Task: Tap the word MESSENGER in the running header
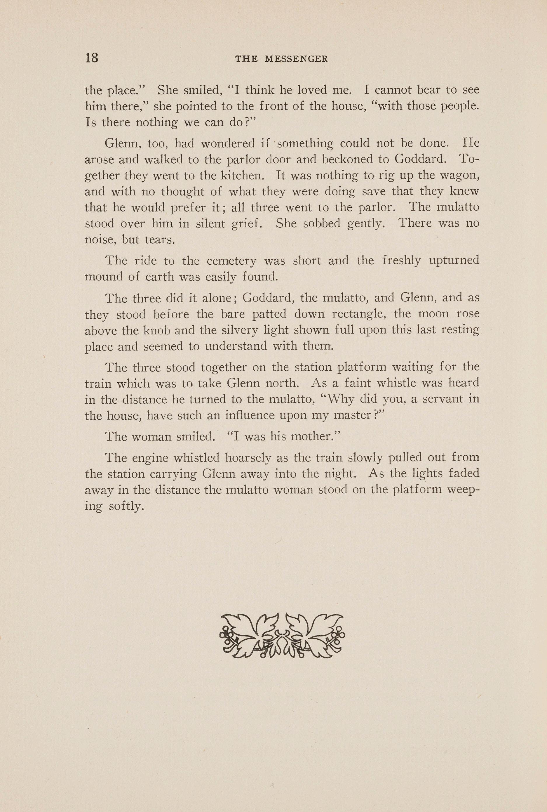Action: tap(296, 59)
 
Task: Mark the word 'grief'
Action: tap(247, 223)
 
